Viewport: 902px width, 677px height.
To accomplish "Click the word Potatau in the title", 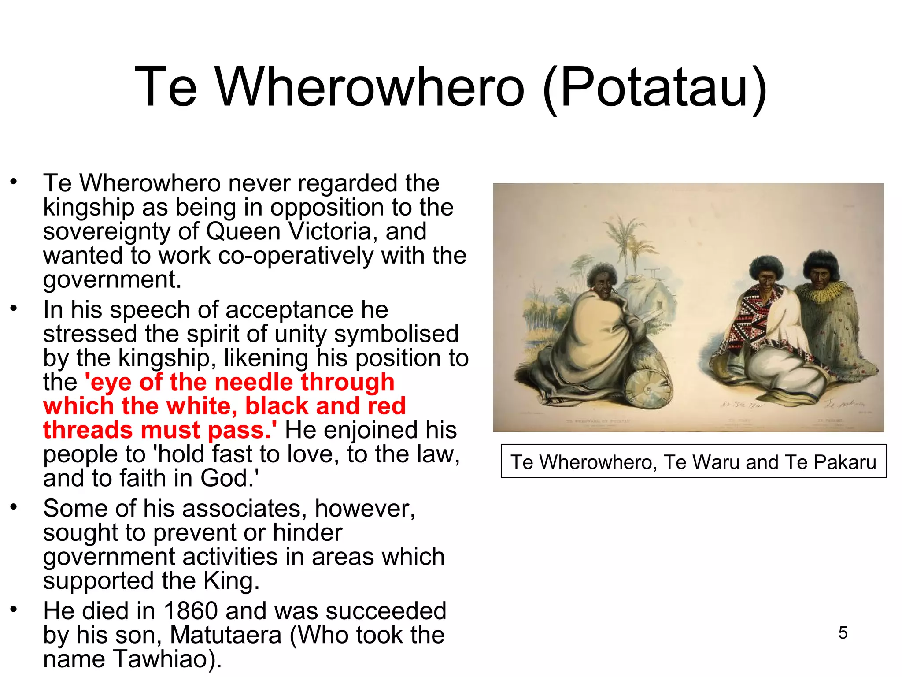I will pos(655,87).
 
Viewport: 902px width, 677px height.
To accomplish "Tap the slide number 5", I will pos(843,632).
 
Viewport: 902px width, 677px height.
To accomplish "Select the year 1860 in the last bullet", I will pos(190,611).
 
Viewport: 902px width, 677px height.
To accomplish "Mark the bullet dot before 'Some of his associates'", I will pos(14,507).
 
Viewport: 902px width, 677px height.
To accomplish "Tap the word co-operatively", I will pos(296,256).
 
